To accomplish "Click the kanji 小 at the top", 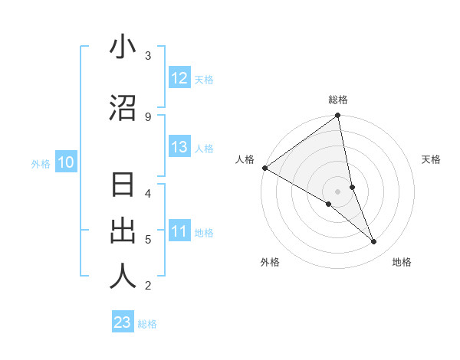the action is pos(123,47).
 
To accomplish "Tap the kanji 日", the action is pos(123,186).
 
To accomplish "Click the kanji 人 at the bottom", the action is pos(123,277).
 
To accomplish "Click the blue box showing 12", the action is pos(179,78).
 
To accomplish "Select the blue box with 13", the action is pos(179,148).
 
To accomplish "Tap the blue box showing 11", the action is pos(179,231).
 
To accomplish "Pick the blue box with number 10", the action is pos(66,162).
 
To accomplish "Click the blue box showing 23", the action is pos(123,322).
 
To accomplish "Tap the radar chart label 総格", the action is pos(338,100).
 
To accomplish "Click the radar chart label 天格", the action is pos(432,159).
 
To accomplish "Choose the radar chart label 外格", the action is pos(270,262).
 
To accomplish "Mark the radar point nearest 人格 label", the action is pos(264,168).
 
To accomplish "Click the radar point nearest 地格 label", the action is pos(374,241).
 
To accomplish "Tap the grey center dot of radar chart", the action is pos(337,191).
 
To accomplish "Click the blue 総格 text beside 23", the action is pos(148,323).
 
